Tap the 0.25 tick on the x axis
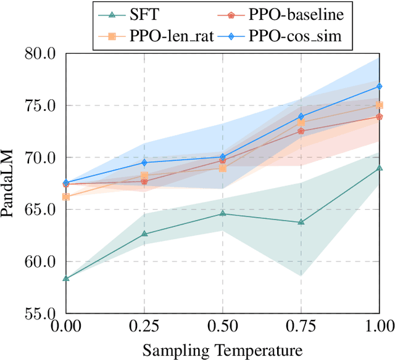(144, 326)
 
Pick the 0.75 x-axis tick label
(301, 326)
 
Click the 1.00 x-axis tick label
(378, 326)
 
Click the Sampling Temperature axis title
(223, 350)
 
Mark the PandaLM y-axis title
(9, 184)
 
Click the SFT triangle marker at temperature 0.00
(66, 279)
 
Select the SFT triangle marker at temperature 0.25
(144, 234)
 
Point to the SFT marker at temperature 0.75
(301, 222)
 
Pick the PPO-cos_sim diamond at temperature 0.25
(144, 163)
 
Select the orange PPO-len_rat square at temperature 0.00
(66, 197)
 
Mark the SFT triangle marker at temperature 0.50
(223, 213)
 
